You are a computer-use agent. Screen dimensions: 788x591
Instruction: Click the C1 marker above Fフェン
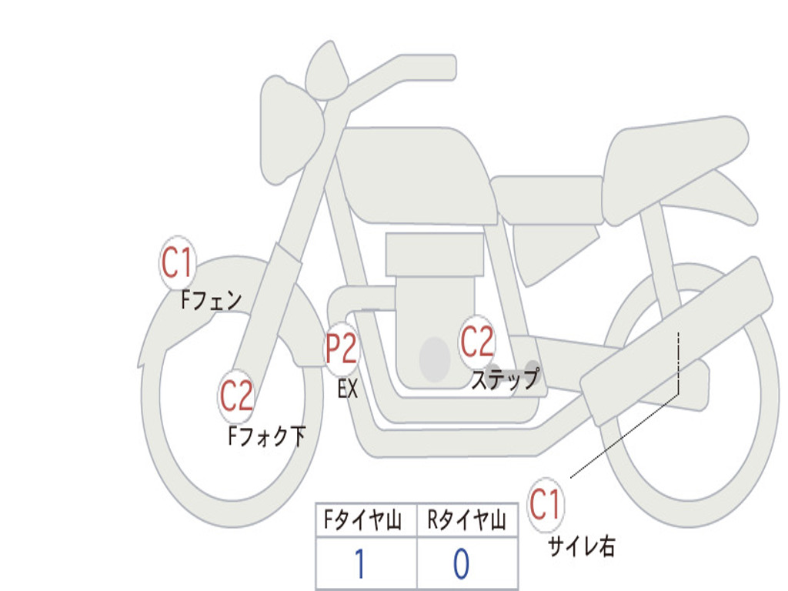click(178, 262)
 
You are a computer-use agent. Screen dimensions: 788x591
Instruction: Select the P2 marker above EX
click(341, 349)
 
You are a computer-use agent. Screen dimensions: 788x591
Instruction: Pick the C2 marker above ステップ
click(477, 341)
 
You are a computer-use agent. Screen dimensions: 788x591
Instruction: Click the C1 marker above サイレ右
click(546, 504)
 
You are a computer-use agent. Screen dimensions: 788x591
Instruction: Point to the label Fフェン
click(211, 299)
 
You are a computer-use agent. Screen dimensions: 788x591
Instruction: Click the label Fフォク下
click(266, 437)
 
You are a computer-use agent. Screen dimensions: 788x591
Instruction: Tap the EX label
click(348, 389)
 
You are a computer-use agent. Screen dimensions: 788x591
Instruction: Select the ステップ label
click(506, 379)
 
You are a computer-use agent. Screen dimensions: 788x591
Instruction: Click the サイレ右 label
click(581, 546)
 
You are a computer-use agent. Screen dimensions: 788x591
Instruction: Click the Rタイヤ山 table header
click(467, 521)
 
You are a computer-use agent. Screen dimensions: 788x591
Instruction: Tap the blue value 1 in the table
click(360, 564)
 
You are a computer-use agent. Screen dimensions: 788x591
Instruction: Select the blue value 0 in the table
click(461, 564)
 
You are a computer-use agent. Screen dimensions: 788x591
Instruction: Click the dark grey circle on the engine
click(434, 359)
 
